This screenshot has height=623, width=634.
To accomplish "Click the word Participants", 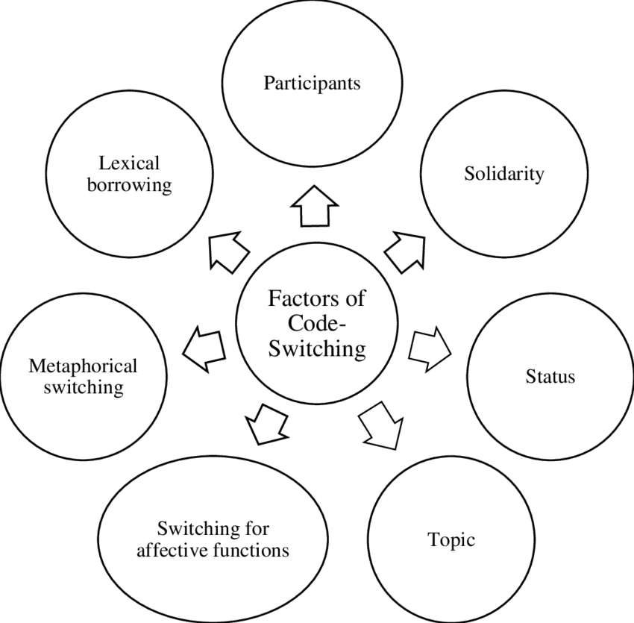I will [312, 83].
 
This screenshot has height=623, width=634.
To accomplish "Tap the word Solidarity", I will [504, 175].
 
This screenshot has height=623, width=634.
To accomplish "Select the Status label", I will [550, 376].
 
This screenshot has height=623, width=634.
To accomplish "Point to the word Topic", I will [451, 539].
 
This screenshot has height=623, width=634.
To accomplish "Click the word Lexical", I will [129, 163].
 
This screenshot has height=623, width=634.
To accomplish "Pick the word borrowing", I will [129, 184].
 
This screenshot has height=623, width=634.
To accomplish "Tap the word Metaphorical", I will [83, 366].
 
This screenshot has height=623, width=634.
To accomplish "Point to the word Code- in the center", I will [317, 324].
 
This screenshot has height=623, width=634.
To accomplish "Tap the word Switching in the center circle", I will [317, 348].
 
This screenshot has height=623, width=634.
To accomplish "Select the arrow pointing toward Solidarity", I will [405, 248].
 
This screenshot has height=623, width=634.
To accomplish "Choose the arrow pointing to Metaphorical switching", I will [204, 348].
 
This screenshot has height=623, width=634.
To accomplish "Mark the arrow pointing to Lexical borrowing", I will [227, 250].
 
